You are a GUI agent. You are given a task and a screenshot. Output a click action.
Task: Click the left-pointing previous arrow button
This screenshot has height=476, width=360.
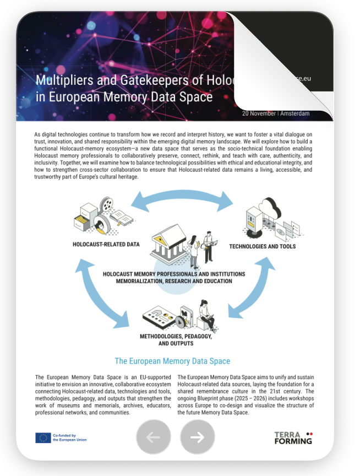point(154,437)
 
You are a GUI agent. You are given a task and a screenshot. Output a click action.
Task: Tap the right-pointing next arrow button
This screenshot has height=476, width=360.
point(197,437)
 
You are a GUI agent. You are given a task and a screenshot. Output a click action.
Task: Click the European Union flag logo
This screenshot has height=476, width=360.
point(43,438)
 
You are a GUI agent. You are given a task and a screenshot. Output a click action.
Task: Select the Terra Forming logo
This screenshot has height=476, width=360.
point(293,438)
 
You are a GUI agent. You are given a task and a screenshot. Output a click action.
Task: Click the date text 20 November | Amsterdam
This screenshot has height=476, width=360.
point(275,113)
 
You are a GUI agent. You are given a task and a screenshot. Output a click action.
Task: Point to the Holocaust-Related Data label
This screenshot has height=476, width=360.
point(106,244)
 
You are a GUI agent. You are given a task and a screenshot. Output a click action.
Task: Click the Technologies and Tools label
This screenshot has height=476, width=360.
point(263,246)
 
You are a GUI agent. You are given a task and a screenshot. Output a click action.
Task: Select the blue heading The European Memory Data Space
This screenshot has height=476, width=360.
point(172,361)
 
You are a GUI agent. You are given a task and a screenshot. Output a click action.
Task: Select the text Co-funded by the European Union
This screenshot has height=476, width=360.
point(69,438)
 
